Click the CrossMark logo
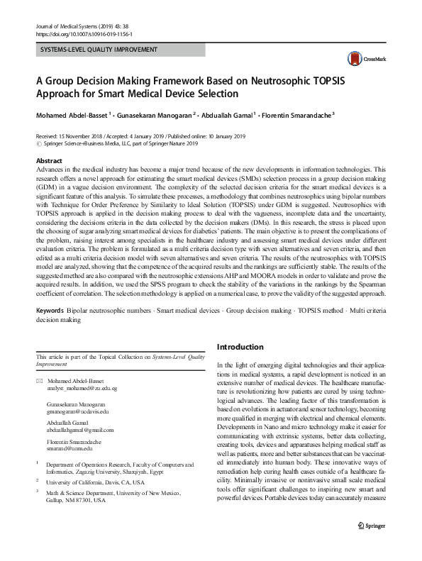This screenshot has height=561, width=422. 361,59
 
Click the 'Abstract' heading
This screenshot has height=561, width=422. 49,162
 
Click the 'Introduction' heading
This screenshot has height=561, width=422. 240,347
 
